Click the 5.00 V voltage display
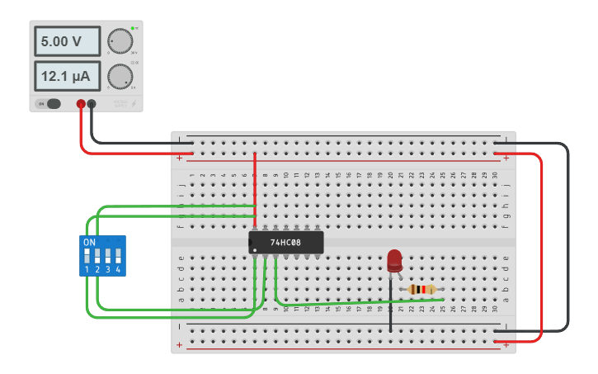[67, 40]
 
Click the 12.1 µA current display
[67, 76]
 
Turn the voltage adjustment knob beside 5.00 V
[120, 40]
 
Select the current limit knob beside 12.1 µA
[120, 76]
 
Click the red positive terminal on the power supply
[81, 104]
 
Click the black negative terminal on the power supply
[92, 104]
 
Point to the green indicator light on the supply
[132, 28]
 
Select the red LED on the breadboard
[394, 261]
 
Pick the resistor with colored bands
[422, 289]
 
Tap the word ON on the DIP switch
[89, 242]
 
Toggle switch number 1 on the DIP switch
[87, 254]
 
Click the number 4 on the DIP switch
[119, 270]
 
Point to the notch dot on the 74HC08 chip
[257, 249]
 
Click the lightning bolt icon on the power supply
[134, 104]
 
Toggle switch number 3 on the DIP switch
[108, 254]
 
